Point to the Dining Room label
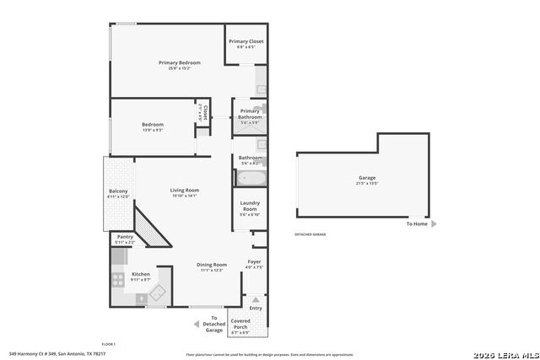(x=212, y=264)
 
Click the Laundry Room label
(x=250, y=206)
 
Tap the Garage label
(x=366, y=178)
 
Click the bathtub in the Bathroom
(x=250, y=179)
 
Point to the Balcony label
(x=118, y=191)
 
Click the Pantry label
(x=125, y=237)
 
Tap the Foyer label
(x=254, y=262)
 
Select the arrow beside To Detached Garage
(x=196, y=324)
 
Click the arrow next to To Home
(x=435, y=224)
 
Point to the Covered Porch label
(x=240, y=324)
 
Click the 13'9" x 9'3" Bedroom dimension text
(x=153, y=130)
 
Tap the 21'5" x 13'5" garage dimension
(x=366, y=183)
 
